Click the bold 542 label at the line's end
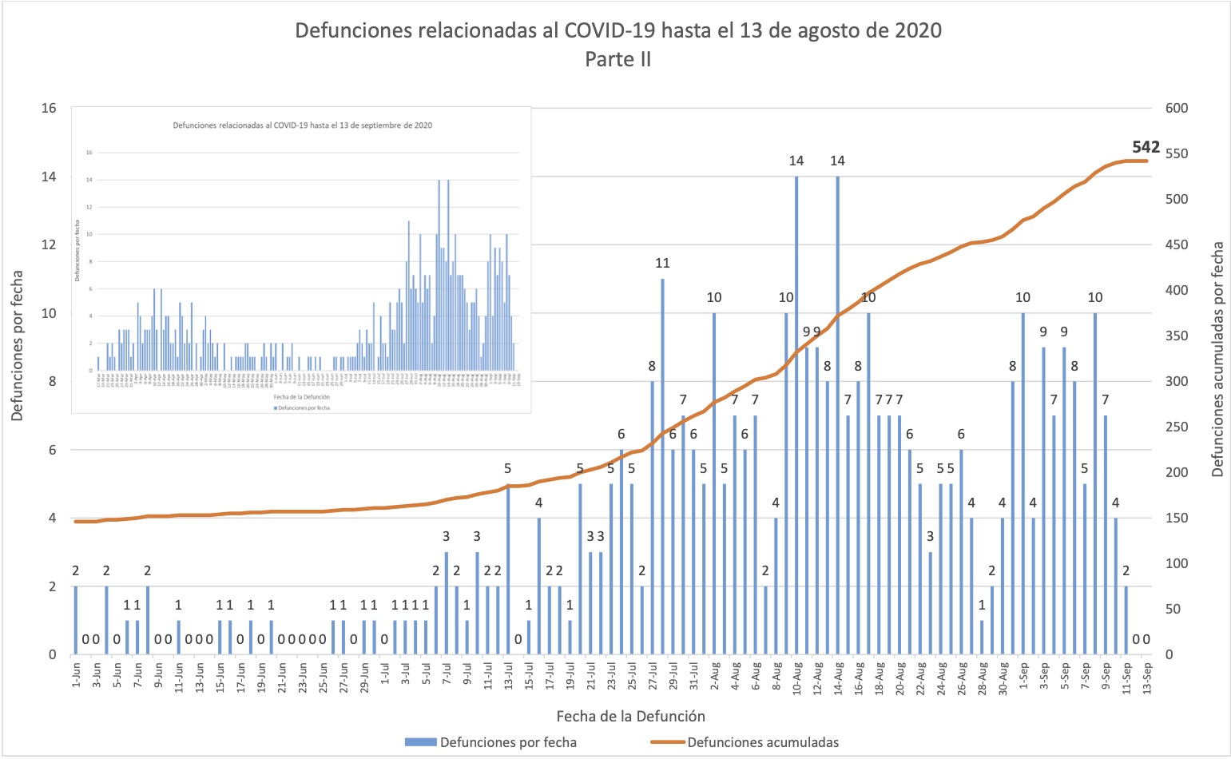[1146, 147]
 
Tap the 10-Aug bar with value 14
[796, 415]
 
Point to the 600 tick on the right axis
[1177, 108]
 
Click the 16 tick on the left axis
[49, 108]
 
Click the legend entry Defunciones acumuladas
[762, 742]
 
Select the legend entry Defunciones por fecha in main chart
[507, 742]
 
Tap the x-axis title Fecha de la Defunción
[630, 716]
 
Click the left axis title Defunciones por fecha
[18, 345]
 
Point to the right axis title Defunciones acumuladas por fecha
[1217, 360]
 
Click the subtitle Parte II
[617, 59]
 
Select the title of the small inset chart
[303, 125]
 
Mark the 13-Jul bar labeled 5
[509, 569]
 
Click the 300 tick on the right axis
[1177, 381]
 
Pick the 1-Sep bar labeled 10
[1023, 483]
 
